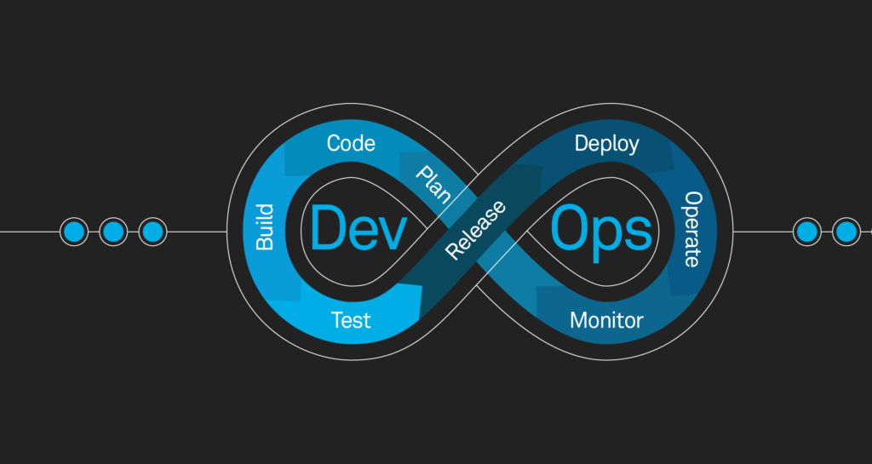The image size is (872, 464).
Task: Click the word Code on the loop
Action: [x=351, y=143]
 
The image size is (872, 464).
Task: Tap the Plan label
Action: [x=433, y=184]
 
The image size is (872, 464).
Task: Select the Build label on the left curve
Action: [x=265, y=227]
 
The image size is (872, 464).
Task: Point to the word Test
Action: [x=351, y=320]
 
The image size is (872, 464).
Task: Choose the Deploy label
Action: [x=606, y=143]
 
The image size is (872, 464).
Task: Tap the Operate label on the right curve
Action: [x=694, y=228]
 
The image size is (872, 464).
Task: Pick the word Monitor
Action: [x=606, y=321]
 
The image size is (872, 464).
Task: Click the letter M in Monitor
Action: [x=579, y=321]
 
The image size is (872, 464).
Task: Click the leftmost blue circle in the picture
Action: [x=74, y=231]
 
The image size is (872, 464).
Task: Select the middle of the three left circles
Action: [x=113, y=231]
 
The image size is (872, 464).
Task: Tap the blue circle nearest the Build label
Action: [x=152, y=231]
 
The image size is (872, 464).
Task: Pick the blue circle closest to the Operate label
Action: [x=806, y=231]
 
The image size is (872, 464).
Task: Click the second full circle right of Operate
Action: [x=845, y=231]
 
